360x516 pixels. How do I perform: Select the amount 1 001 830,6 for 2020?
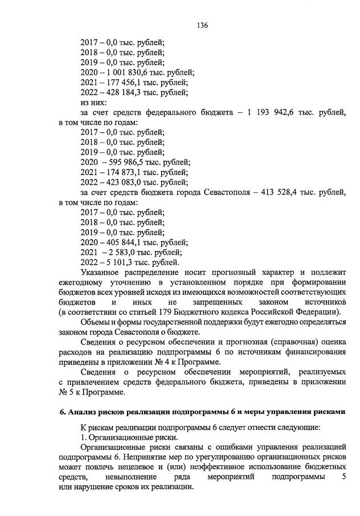tap(129, 72)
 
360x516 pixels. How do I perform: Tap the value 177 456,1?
tap(123, 82)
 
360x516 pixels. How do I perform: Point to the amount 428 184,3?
tap(123, 92)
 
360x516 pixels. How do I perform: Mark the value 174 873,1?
tap(123, 172)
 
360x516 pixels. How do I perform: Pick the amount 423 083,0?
tap(123, 182)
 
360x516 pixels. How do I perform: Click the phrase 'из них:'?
tap(93, 103)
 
